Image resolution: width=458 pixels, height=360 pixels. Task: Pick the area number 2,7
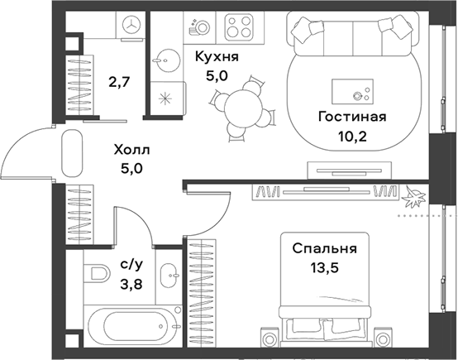point(118,83)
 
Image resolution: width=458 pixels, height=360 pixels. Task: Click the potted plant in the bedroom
point(413,197)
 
